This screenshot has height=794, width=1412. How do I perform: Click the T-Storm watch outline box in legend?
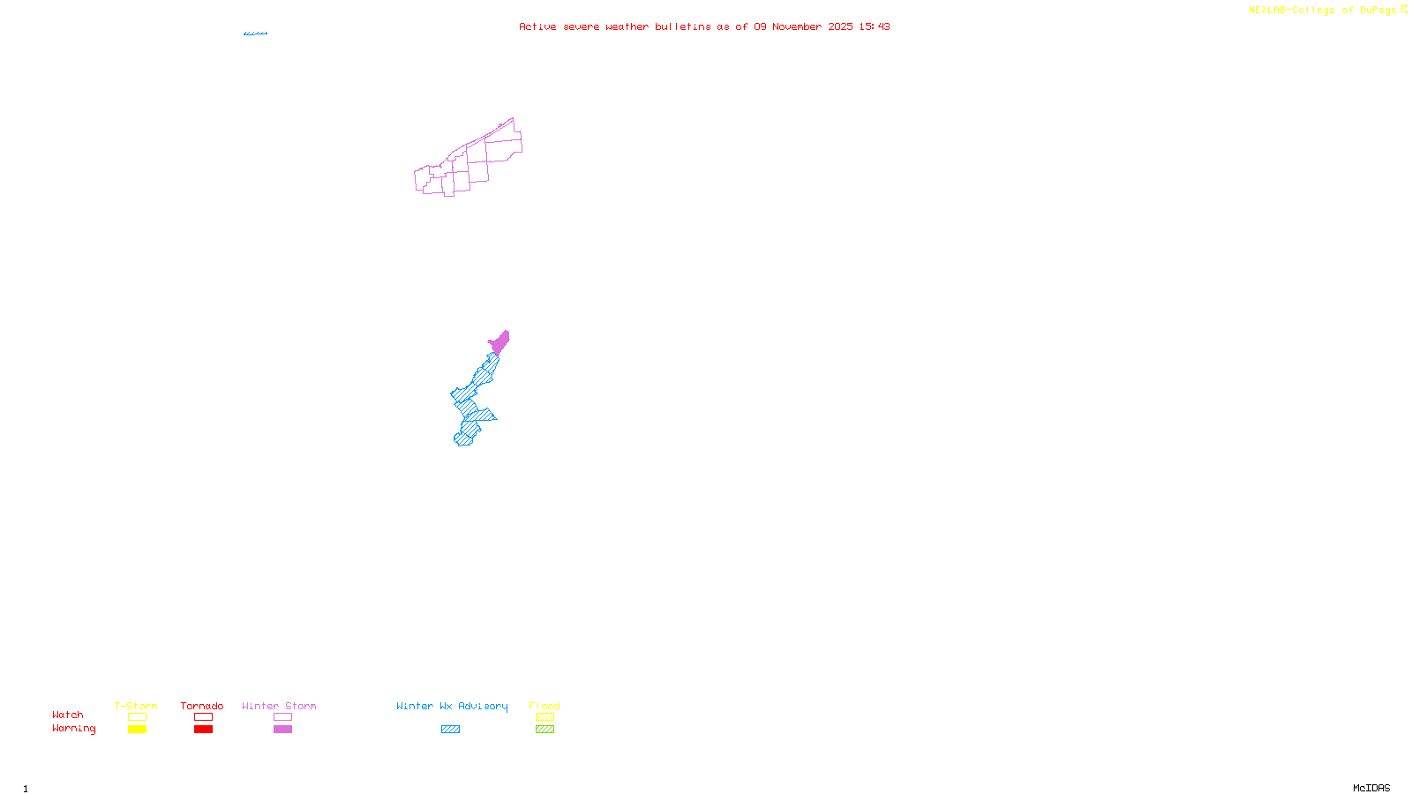(x=137, y=717)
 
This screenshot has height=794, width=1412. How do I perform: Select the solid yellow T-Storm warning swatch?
(x=137, y=730)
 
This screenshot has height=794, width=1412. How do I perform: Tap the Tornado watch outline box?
(x=203, y=717)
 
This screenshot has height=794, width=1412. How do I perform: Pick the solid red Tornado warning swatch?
(x=203, y=730)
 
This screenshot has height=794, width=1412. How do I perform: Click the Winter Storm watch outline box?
(x=282, y=717)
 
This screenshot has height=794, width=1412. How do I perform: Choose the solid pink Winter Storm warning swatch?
(x=282, y=730)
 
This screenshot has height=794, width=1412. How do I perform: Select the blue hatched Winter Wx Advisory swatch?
(x=450, y=730)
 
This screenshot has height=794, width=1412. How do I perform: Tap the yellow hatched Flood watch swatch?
(x=545, y=717)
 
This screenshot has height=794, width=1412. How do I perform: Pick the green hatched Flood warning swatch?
(x=545, y=730)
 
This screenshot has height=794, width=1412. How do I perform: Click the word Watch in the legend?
(x=68, y=715)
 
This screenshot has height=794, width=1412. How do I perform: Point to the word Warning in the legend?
(x=73, y=729)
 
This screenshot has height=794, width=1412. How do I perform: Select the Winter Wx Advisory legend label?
(x=452, y=706)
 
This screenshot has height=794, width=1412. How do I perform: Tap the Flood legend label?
(x=545, y=706)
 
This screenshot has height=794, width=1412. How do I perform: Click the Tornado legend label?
(x=202, y=706)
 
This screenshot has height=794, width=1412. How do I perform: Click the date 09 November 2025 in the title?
(x=803, y=26)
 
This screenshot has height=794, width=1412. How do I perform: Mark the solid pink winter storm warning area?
(x=499, y=342)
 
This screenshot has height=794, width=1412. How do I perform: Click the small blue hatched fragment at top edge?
(x=255, y=34)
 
